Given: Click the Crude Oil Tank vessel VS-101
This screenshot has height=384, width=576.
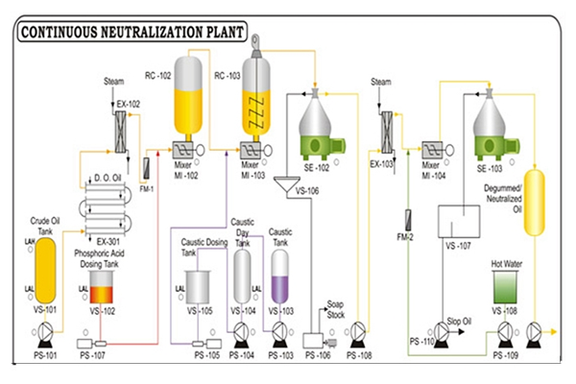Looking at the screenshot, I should point(44,272).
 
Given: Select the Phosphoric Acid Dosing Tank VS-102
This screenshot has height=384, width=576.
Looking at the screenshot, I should point(100,285).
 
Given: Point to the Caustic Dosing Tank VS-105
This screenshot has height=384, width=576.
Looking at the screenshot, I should point(199,286).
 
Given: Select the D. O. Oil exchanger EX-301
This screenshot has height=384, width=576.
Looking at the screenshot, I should point(108,204).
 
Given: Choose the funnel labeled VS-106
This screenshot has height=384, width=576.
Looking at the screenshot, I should point(286,185).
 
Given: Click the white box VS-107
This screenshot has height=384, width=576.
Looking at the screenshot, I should point(457,223).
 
